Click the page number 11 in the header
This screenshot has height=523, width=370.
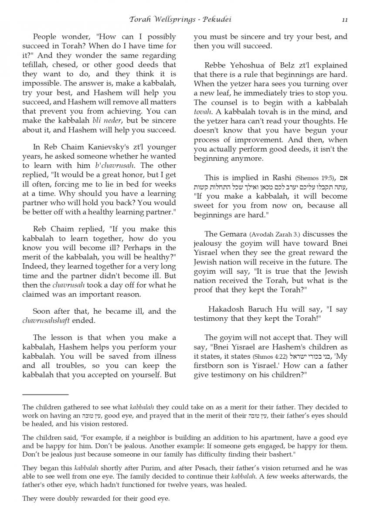[x=344, y=20]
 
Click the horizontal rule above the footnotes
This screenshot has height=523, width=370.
[x=45, y=394]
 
